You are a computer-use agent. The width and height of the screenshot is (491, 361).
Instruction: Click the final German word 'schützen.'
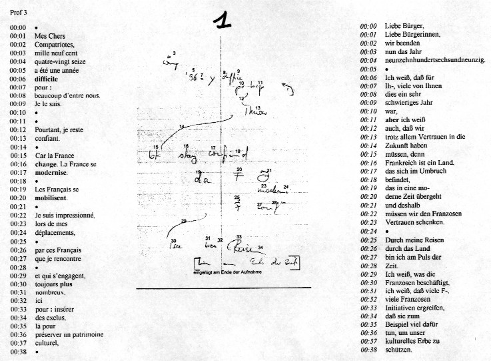pos(398,350)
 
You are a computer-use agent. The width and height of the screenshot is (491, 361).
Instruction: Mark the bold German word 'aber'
pos(392,119)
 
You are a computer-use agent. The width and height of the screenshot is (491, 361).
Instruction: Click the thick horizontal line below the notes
pos(223,288)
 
